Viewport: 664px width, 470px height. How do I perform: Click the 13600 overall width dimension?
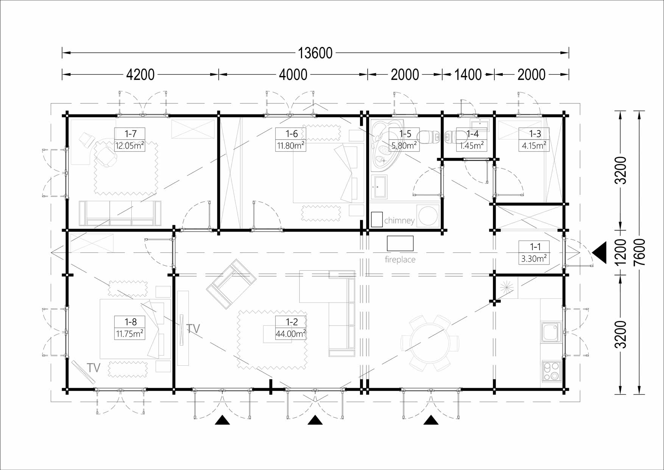[x=315, y=53]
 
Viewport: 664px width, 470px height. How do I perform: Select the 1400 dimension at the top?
[x=468, y=75]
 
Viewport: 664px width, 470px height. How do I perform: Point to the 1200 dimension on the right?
[x=620, y=252]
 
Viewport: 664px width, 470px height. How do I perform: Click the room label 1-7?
[x=130, y=134]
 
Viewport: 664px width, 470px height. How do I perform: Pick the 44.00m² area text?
[x=291, y=334]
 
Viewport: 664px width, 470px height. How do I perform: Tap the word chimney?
[x=399, y=221]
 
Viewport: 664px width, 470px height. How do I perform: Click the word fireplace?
[x=400, y=260]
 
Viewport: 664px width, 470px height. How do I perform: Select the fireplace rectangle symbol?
[x=400, y=243]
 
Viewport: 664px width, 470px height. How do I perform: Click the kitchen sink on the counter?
[x=551, y=332]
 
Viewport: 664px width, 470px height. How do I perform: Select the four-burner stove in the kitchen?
[x=551, y=371]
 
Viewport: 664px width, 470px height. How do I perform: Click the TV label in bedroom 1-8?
[x=93, y=368]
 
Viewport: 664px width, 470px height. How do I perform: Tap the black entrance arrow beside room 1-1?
[x=599, y=253]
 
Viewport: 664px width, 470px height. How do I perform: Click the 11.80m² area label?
[x=291, y=146]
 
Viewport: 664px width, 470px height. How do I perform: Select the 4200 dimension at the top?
[x=140, y=75]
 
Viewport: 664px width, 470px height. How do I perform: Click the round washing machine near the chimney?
[x=428, y=215]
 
